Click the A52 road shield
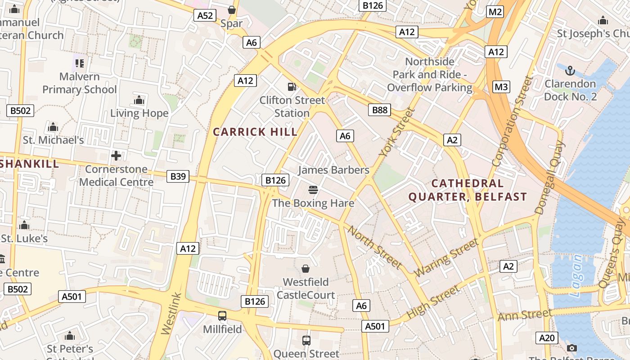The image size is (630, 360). tap(205, 16)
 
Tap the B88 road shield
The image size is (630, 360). tap(379, 110)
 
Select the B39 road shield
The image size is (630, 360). tap(178, 176)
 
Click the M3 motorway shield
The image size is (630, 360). tap(501, 87)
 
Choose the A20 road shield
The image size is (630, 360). tap(547, 338)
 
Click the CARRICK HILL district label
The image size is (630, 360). tap(255, 132)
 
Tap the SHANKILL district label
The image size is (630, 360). tap(30, 164)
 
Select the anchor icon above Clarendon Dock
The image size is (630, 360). tap(570, 71)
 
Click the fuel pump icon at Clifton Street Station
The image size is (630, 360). tap(292, 86)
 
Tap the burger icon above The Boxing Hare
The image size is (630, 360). tap(313, 190)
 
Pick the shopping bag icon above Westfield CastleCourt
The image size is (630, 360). tap(306, 269)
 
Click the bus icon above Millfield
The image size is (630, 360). tap(222, 316)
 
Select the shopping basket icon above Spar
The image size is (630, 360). tap(232, 10)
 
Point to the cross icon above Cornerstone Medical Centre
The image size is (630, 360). tap(116, 156)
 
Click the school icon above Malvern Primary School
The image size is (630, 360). tap(79, 63)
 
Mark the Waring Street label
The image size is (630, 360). tap(446, 258)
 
